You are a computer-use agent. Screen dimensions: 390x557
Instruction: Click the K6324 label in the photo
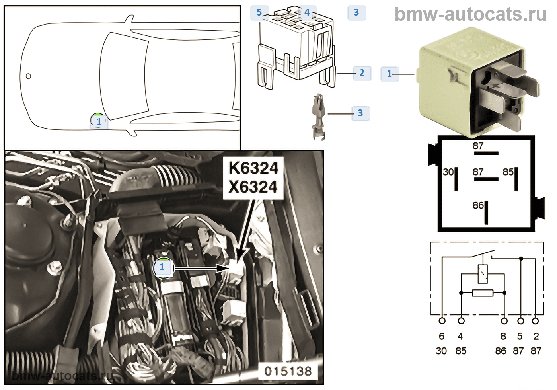point(253,168)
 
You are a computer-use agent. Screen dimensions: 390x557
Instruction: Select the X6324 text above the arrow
point(253,187)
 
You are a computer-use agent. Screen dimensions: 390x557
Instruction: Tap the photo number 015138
point(288,371)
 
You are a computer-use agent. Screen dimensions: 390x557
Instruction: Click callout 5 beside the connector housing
point(259,12)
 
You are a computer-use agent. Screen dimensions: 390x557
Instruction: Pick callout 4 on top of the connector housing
point(307,12)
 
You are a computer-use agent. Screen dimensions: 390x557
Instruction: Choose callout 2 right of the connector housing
point(362,73)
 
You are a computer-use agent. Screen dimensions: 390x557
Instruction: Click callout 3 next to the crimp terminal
point(360,113)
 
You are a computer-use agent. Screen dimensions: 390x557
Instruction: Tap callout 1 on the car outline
point(99,121)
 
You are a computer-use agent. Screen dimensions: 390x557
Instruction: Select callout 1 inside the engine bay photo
point(162,267)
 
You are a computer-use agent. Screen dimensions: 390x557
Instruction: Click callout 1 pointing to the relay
point(390,74)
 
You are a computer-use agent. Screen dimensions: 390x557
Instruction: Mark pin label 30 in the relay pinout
point(448,172)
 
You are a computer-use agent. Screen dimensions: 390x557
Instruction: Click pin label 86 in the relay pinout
point(478,205)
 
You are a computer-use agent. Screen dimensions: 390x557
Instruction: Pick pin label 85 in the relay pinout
point(508,172)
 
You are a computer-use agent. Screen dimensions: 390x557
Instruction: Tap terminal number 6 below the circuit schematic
point(441,336)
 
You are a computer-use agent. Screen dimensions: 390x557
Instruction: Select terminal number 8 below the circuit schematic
point(503,336)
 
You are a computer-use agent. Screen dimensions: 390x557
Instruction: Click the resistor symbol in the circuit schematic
point(483,293)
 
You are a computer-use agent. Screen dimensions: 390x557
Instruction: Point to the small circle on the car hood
point(28,76)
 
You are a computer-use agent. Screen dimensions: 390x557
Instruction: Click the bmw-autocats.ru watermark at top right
point(470,14)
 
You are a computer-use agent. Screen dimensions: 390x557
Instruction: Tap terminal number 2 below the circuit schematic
point(536,336)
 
